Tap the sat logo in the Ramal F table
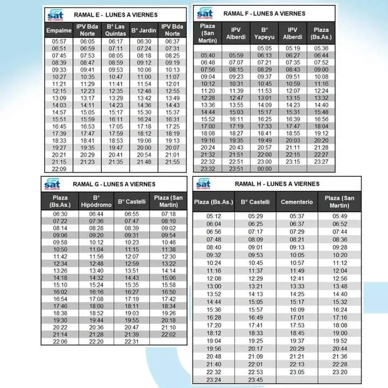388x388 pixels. tap(205, 12)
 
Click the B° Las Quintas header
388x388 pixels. tap(116, 30)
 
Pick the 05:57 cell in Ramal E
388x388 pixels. tap(59, 41)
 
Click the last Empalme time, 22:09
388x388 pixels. tap(59, 169)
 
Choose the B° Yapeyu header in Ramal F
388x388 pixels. tap(265, 33)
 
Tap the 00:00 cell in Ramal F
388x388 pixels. tap(265, 169)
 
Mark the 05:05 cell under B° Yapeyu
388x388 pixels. tap(265, 48)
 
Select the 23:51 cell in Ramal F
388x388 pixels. tap(237, 169)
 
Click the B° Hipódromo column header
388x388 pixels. tap(96, 202)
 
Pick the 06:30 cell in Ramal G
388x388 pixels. tap(60, 214)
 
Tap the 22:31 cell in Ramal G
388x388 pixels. tap(132, 341)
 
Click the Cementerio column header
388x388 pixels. tap(297, 202)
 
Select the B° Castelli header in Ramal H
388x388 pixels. tap(255, 202)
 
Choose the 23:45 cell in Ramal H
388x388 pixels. tap(255, 379)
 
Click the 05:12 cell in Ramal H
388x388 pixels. tap(213, 216)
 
